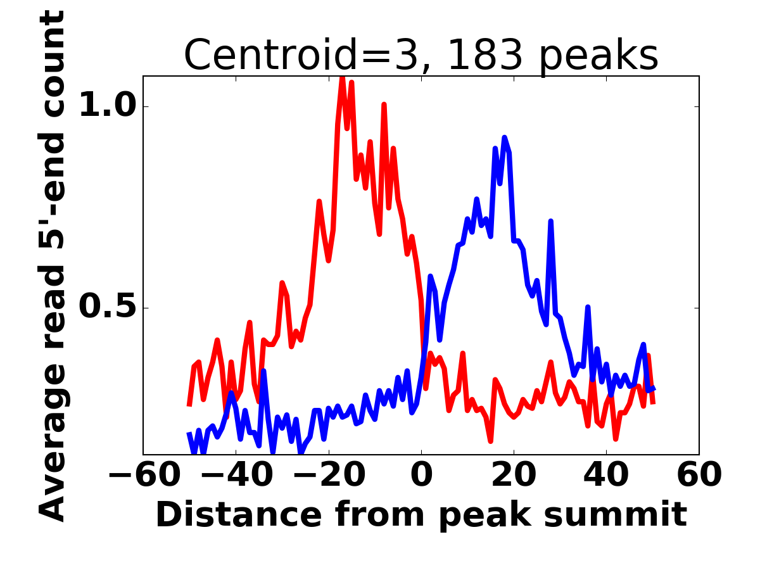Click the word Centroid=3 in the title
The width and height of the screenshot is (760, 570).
[x=300, y=56]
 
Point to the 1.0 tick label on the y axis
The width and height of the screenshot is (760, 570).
[x=104, y=106]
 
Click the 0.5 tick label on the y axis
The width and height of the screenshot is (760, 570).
[x=104, y=308]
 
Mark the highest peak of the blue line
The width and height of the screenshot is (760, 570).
[x=505, y=137]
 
